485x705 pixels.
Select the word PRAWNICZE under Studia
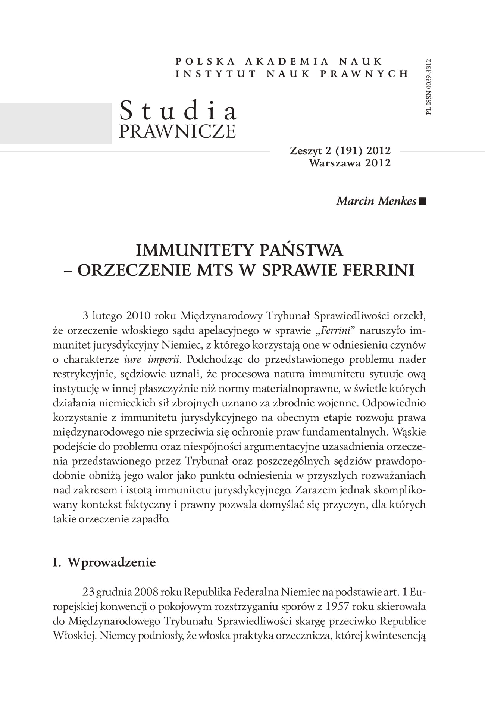click(x=177, y=131)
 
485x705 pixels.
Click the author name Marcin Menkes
click(x=376, y=201)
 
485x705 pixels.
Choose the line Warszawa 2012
click(x=350, y=163)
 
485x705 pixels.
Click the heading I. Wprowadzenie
click(x=104, y=562)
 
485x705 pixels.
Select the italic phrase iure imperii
click(x=153, y=360)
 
